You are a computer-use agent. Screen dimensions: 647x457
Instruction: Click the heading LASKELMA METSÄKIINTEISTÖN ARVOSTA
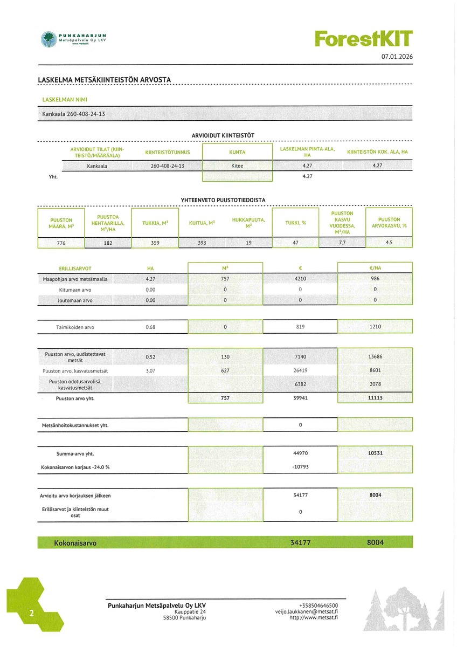click(x=105, y=80)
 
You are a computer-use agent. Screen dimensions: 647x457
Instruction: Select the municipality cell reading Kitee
click(x=237, y=166)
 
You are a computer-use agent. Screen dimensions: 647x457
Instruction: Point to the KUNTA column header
click(x=237, y=152)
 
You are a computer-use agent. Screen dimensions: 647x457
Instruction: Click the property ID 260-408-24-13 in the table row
click(x=168, y=166)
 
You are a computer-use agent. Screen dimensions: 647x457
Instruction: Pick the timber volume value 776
click(x=61, y=243)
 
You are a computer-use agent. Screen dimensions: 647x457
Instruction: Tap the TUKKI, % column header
click(x=296, y=223)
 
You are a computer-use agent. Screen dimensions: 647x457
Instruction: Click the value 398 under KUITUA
click(x=202, y=243)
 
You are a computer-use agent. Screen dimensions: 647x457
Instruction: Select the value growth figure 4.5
click(x=389, y=243)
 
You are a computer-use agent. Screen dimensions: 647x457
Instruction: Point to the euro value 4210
click(x=300, y=279)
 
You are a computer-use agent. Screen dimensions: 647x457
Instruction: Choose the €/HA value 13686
click(x=375, y=357)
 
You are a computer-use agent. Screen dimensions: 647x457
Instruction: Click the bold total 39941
click(x=300, y=398)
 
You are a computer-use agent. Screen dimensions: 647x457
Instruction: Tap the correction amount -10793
click(x=300, y=467)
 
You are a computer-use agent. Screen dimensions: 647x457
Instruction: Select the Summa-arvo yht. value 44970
click(x=300, y=453)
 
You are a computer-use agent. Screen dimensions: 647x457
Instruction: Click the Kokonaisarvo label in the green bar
click(x=75, y=543)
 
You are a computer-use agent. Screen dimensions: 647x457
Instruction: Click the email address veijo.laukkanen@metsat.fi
click(x=306, y=612)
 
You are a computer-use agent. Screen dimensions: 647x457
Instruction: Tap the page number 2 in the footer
click(x=32, y=614)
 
